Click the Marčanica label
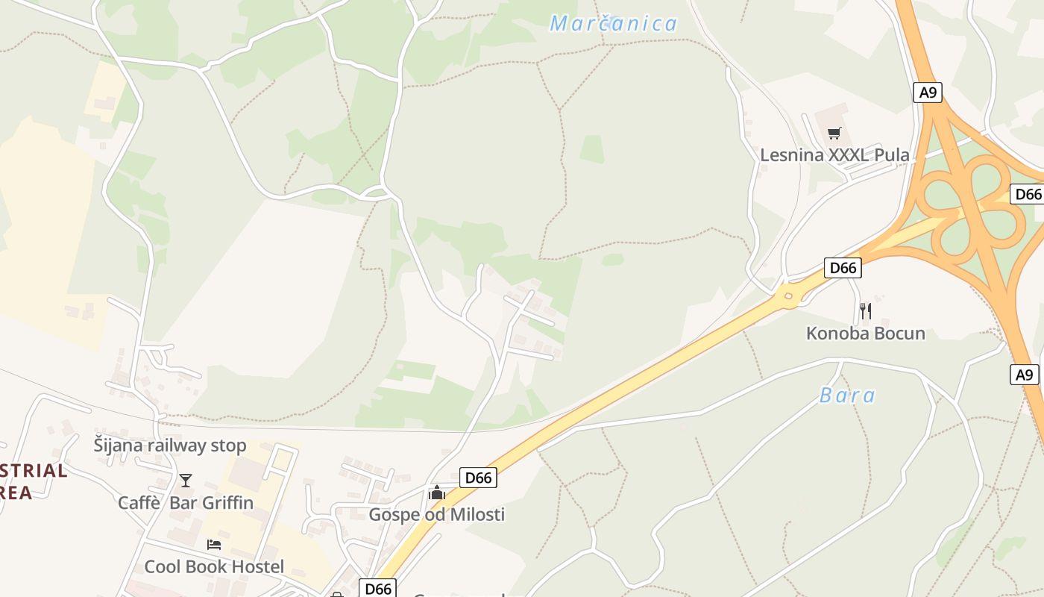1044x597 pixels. pos(613,24)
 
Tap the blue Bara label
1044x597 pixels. pos(847,396)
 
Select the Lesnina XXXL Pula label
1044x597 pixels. pos(834,155)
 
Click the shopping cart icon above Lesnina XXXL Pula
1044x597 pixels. pos(834,134)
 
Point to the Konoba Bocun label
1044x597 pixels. pos(865,334)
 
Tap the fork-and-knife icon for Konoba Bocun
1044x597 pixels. pos(865,310)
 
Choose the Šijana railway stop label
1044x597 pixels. pos(170,446)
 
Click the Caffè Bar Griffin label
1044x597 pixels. pos(186,502)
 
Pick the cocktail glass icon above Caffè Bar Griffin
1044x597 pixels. pos(186,480)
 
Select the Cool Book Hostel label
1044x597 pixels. pos(214,566)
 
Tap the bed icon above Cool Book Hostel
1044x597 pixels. pos(214,545)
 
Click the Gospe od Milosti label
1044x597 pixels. pos(437,514)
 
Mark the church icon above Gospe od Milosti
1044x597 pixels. pos(437,493)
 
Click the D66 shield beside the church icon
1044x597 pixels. pos(478,478)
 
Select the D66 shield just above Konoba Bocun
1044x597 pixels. pos(843,268)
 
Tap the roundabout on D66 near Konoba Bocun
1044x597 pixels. pos(787,297)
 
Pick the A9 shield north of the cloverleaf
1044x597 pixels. pos(928,93)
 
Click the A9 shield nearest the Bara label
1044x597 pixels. pos(1025,374)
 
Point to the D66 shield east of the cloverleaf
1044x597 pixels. pos(1028,194)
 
